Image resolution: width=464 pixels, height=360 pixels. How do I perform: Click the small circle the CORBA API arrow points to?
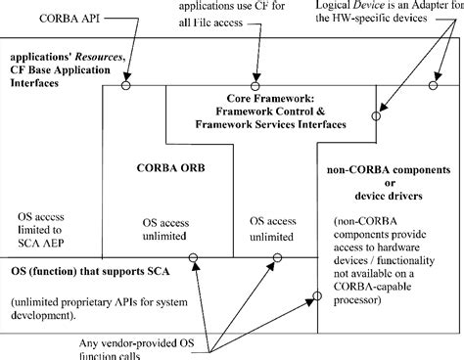pos(125,85)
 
